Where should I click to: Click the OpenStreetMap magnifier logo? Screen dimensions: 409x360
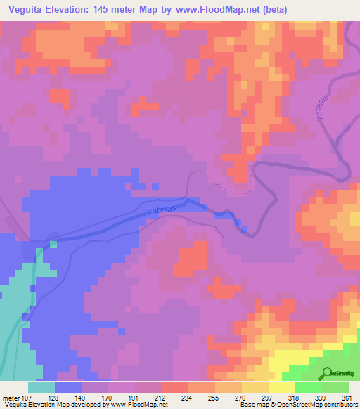(x=328, y=372)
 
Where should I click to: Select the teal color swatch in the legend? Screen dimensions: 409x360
(x=41, y=387)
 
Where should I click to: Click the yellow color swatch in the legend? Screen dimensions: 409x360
(x=281, y=387)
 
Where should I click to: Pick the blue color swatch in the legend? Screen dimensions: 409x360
(x=68, y=387)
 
